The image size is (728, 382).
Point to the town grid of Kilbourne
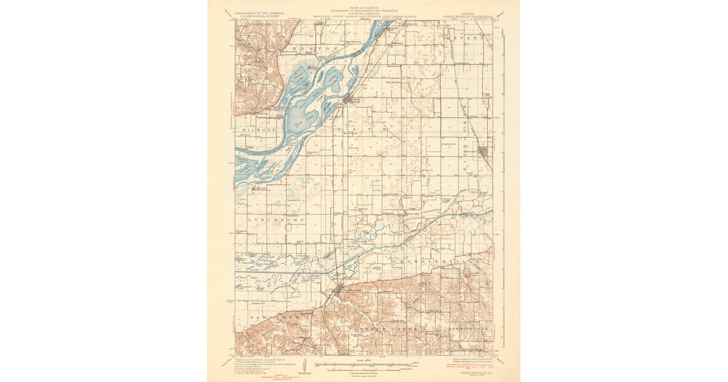(485, 152)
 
